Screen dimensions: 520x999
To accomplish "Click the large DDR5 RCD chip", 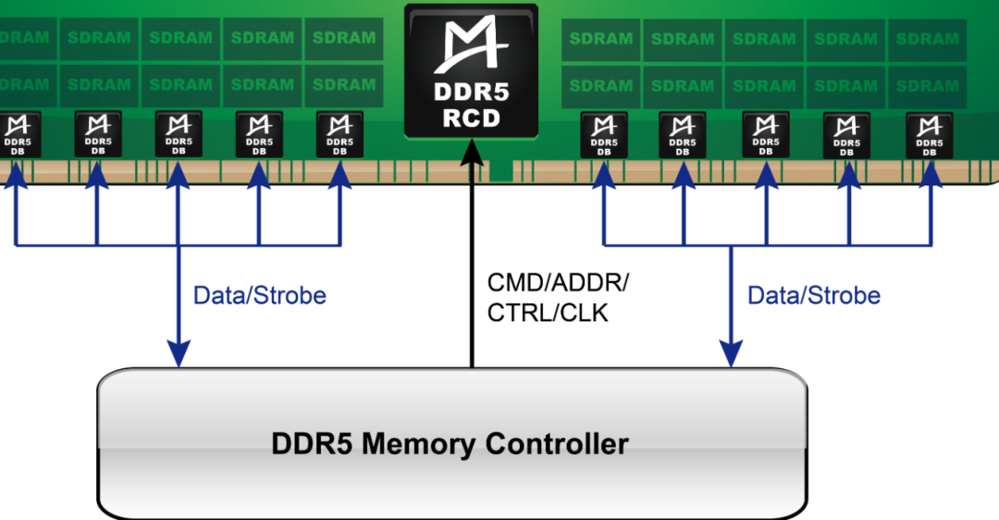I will click(471, 69).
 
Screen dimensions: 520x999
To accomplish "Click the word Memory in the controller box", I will click(420, 443).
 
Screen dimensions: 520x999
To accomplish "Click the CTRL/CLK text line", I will click(548, 314).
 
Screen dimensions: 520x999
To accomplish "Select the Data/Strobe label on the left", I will click(259, 296).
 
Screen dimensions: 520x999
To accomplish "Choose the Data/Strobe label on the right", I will click(813, 296).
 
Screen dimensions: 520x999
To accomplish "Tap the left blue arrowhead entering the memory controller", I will click(178, 353).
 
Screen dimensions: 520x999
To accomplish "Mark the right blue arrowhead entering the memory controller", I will click(732, 353).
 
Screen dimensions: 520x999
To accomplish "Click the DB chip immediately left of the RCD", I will click(340, 134).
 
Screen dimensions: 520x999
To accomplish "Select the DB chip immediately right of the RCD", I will click(604, 134).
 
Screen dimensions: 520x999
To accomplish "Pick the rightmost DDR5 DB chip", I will click(930, 135).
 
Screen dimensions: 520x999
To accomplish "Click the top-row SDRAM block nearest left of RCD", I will click(344, 38).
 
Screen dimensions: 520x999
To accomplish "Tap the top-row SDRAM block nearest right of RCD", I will click(600, 39).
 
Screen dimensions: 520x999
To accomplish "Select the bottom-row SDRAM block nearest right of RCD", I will click(600, 85).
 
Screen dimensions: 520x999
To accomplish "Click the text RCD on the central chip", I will click(471, 118).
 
